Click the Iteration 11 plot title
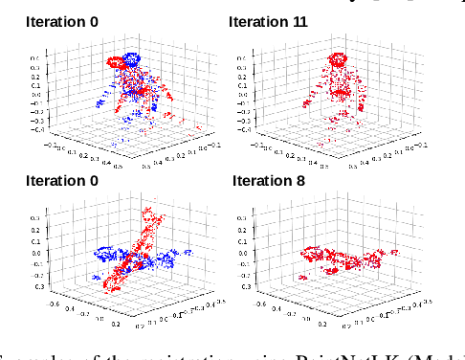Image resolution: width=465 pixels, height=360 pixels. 269,20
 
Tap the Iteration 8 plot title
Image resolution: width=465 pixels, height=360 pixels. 265,179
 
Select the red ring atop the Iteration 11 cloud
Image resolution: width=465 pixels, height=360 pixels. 340,54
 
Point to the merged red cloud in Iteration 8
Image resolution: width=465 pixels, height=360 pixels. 340,260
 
